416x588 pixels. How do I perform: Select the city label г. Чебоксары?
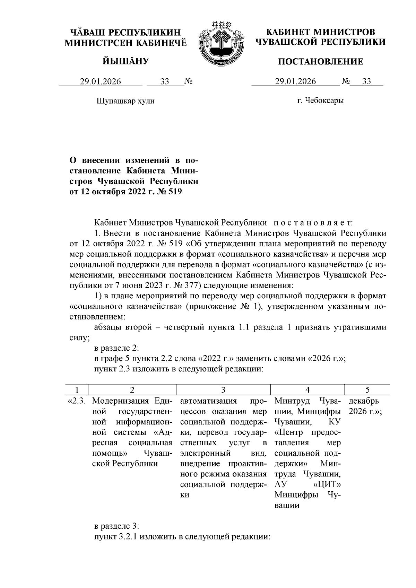[321, 101]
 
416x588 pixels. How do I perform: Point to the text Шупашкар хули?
[125, 101]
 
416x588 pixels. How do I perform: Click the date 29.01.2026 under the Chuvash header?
[101, 81]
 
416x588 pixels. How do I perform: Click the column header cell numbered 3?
[223, 390]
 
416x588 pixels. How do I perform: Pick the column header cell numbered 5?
[367, 390]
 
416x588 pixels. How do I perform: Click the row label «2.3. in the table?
[77, 401]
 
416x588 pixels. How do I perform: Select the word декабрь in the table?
[364, 401]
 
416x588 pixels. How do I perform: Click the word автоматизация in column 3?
[208, 401]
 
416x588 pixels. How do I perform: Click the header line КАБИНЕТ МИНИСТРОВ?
[320, 32]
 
